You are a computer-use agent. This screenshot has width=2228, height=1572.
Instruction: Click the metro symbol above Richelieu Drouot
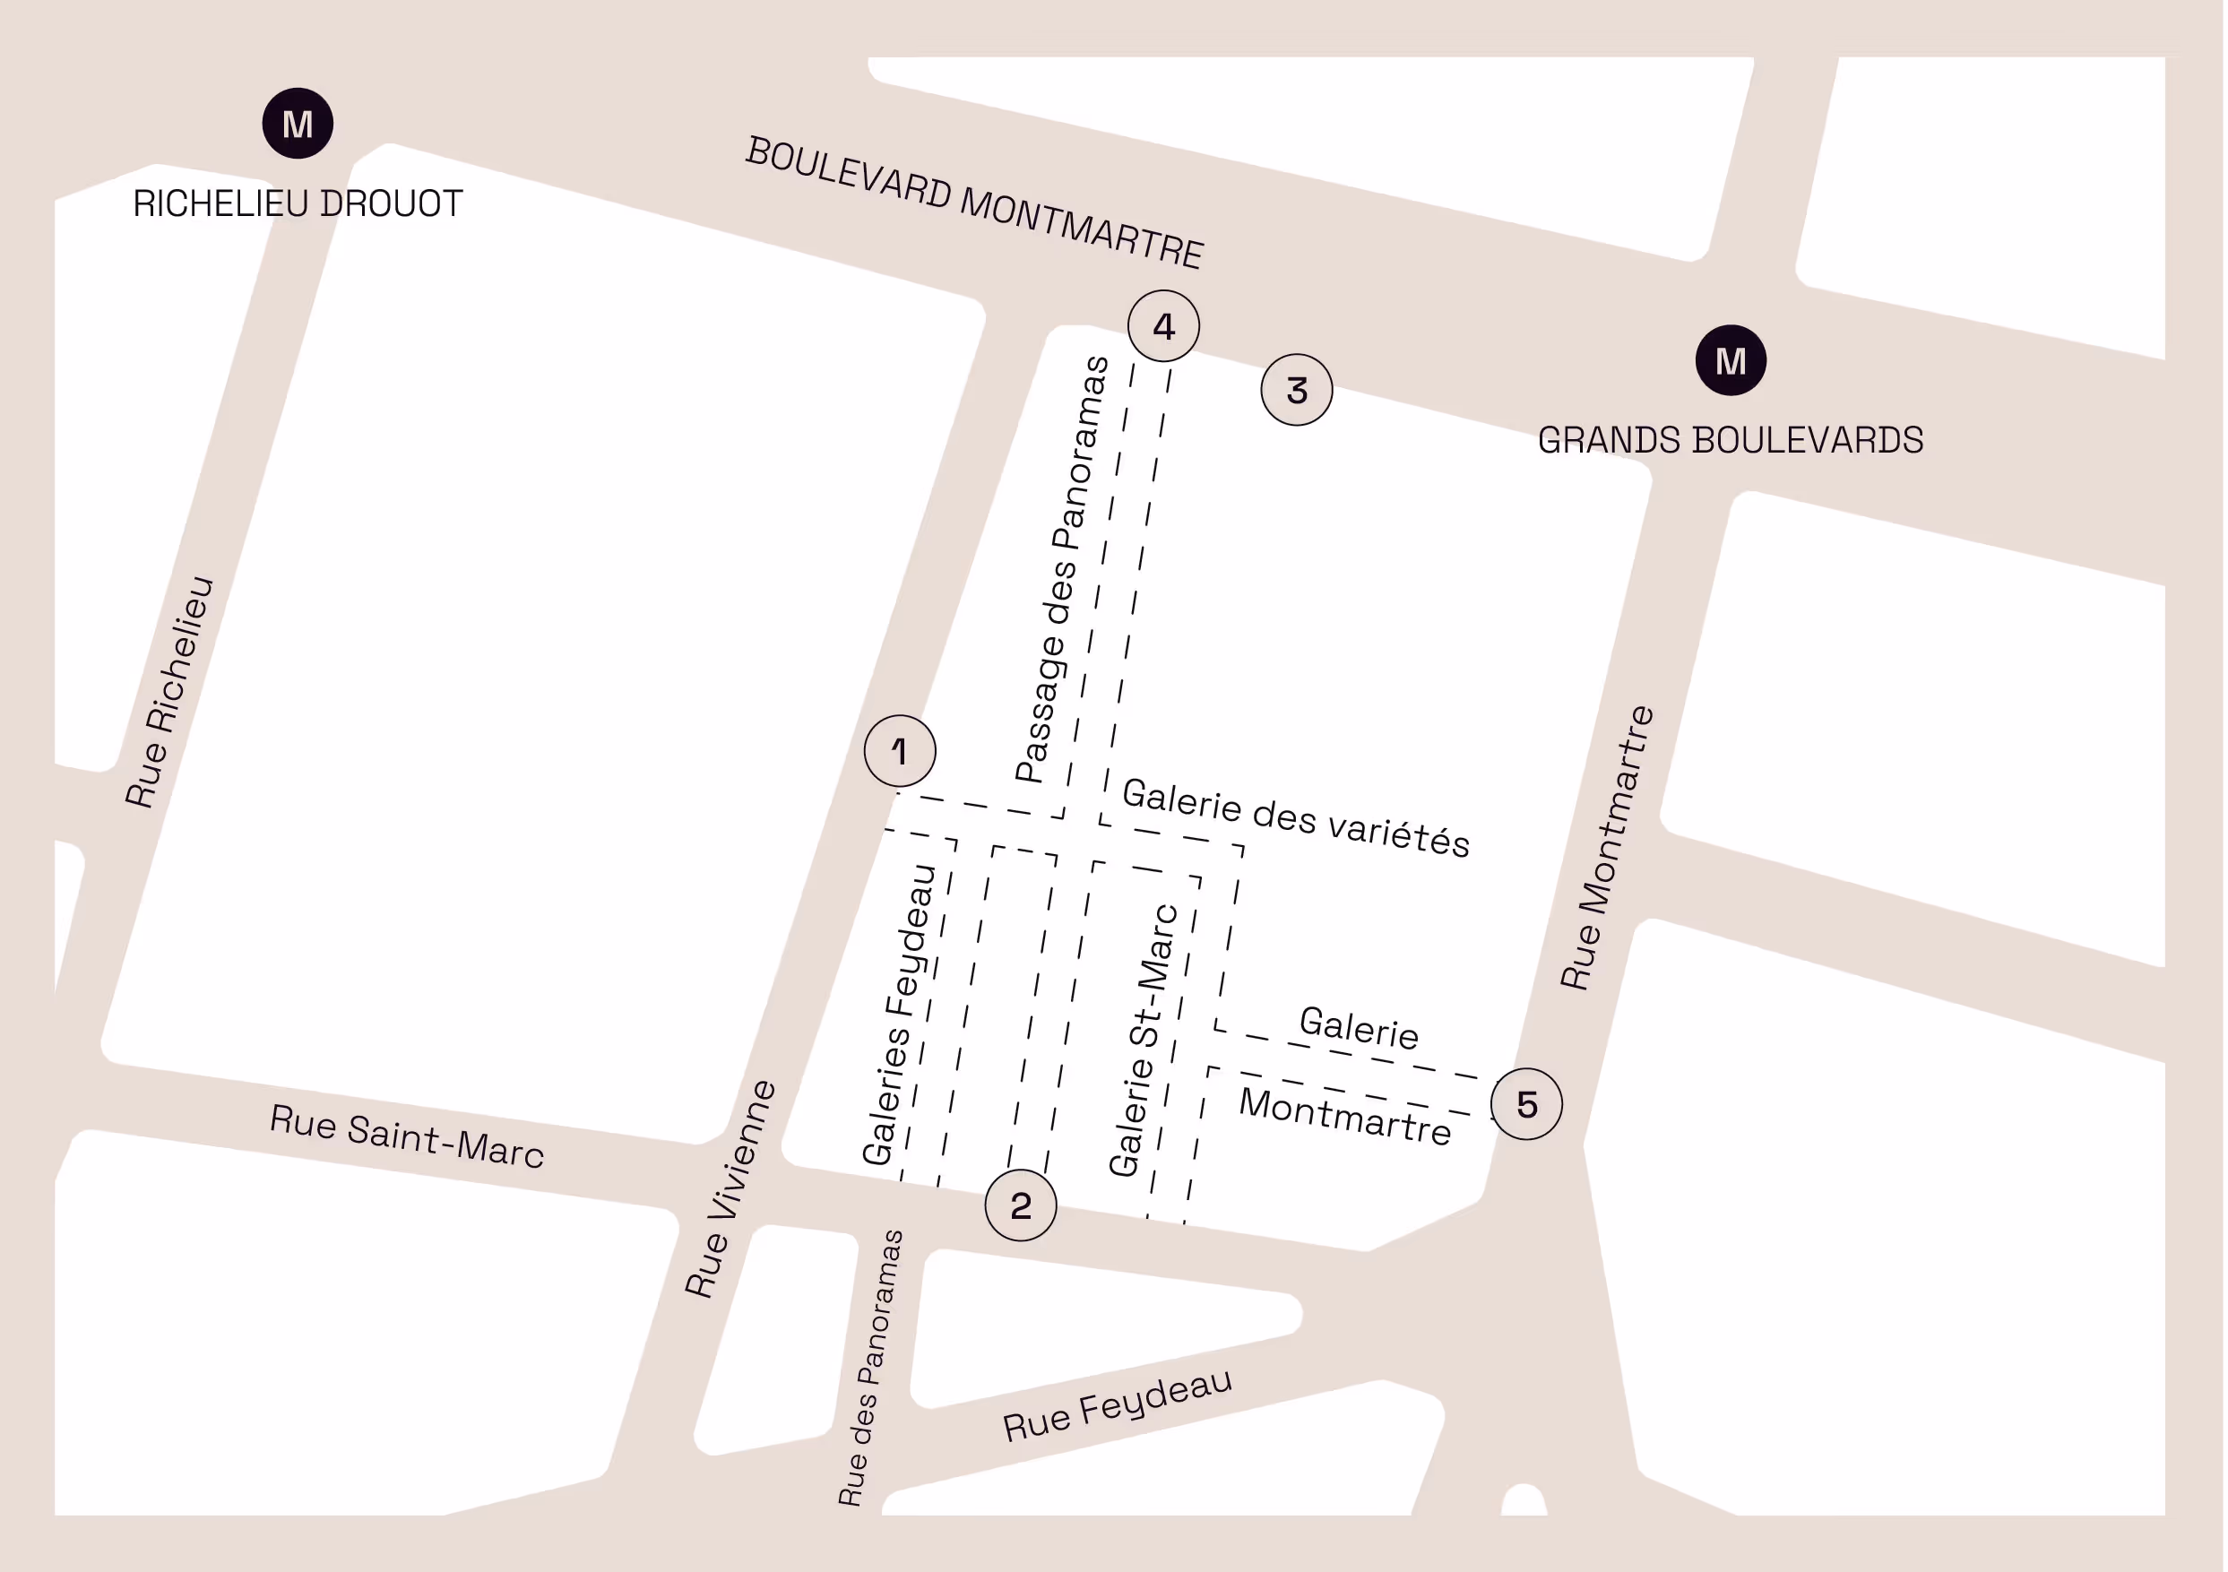point(298,124)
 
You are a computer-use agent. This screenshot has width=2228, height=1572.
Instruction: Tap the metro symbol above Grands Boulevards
point(1731,360)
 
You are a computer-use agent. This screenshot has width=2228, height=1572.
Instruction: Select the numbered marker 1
point(900,750)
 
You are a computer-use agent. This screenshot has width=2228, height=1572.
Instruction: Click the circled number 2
point(1020,1205)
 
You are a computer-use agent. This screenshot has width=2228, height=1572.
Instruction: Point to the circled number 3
point(1297,390)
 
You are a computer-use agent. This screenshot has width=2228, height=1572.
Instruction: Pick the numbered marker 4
point(1163,326)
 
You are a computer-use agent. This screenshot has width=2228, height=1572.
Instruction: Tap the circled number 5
point(1526,1104)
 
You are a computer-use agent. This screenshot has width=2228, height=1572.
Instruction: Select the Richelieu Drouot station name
point(298,203)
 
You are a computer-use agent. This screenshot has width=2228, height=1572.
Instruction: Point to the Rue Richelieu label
point(168,692)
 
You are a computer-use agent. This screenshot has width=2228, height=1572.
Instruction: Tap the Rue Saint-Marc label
point(406,1136)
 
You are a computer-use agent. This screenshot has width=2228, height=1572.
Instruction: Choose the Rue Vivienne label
point(730,1188)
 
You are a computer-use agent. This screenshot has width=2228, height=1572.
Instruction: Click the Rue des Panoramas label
point(870,1369)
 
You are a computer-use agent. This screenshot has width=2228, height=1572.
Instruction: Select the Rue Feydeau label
point(1117,1405)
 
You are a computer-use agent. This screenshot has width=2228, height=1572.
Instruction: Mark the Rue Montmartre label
point(1606,847)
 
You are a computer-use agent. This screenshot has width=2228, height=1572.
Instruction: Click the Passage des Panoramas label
point(1062,570)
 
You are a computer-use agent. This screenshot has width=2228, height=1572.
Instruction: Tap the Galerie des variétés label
point(1295,818)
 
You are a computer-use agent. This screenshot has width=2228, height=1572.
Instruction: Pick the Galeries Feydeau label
point(899,1014)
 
